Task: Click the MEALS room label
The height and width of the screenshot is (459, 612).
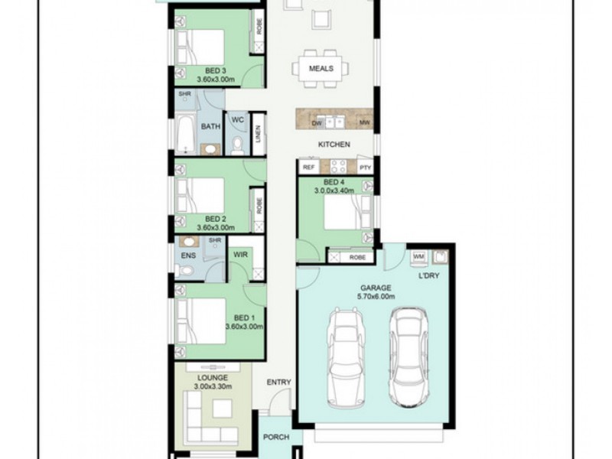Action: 321,69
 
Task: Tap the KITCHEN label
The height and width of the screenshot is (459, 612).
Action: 334,144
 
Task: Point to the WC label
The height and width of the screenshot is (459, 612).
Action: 237,119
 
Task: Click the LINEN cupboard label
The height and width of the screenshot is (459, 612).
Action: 259,134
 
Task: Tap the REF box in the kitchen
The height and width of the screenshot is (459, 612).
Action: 309,167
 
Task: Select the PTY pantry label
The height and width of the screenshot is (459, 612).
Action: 364,167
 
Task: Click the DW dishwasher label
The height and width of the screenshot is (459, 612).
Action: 316,122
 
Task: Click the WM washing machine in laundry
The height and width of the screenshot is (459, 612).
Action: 418,256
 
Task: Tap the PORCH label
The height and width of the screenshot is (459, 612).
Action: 276,438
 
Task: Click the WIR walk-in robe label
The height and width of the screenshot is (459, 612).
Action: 239,255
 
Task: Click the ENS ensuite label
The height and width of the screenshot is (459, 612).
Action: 187,255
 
